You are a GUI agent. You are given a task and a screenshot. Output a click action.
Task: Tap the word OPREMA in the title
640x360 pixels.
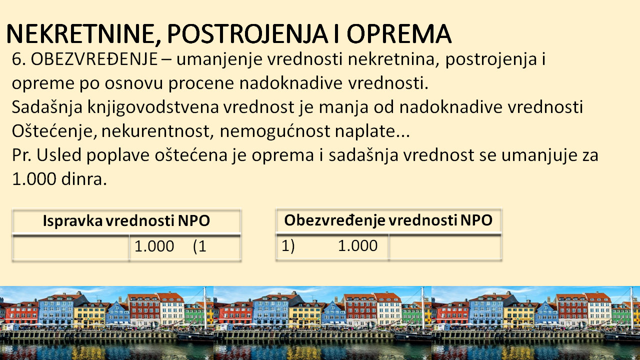pos(399,34)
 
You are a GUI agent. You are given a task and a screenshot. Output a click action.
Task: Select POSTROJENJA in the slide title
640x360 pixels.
pos(247,34)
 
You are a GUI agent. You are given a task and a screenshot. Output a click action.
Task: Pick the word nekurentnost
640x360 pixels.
pos(157,131)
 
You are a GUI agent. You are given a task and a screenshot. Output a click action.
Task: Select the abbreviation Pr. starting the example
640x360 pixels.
pos(21,155)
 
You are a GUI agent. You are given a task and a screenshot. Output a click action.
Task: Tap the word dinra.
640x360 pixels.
pos(84,179)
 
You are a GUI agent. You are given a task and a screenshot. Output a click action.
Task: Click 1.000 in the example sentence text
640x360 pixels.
pos(34,179)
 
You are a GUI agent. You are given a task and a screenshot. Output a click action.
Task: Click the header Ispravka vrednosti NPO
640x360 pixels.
pos(126,221)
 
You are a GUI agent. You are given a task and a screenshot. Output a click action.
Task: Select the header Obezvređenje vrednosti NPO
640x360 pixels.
pos(388,220)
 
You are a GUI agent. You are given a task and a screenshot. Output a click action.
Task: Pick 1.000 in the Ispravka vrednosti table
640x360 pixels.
pos(154,246)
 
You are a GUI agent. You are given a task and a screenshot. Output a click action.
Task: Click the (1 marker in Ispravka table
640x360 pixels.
pos(199,246)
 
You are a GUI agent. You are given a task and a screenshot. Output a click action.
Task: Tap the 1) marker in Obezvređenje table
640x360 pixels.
pos(288,245)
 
